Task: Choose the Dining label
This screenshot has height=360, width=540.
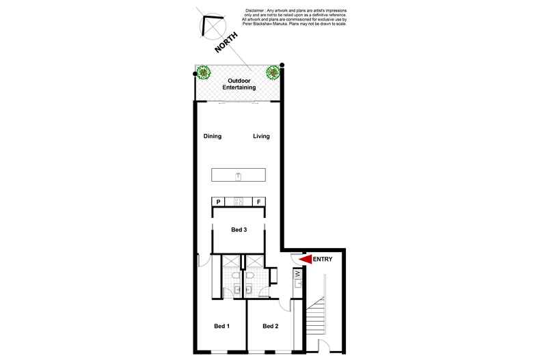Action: coord(213,136)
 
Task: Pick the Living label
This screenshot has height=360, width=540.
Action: coord(261,136)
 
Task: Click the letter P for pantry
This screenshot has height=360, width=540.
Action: coord(219,202)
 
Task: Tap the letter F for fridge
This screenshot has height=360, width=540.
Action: coord(258,202)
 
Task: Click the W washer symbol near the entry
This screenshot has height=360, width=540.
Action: coord(298,275)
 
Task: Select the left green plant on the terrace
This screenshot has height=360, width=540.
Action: coord(203,71)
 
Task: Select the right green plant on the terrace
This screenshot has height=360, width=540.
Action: coord(273,71)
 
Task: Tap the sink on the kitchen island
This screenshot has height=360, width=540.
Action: coord(239,176)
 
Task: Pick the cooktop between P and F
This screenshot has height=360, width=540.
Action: coord(239,202)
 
